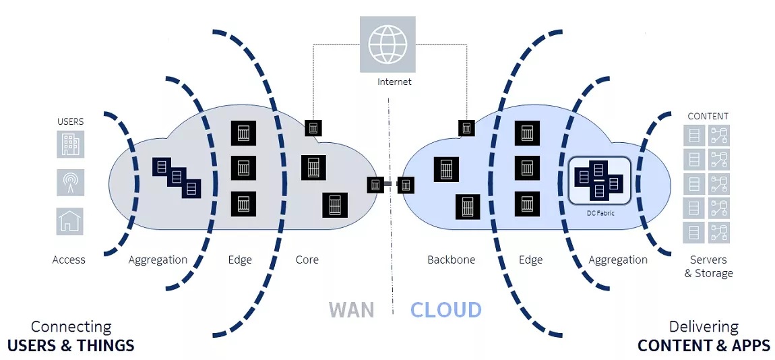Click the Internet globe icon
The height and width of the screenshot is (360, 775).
click(x=387, y=44)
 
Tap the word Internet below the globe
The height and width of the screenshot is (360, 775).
click(x=394, y=82)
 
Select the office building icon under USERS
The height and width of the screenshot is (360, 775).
click(x=70, y=144)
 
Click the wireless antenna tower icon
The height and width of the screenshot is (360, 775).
click(x=70, y=183)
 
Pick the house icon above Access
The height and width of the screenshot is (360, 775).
click(x=70, y=221)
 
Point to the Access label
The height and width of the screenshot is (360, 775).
click(x=69, y=260)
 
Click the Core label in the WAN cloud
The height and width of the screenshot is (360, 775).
click(x=307, y=260)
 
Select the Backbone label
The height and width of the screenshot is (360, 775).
click(x=451, y=260)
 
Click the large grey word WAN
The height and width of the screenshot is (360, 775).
click(x=351, y=309)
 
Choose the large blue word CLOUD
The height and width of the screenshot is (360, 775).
click(x=445, y=309)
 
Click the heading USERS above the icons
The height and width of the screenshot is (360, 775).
click(x=70, y=121)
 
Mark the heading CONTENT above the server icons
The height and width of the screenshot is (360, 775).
click(x=708, y=116)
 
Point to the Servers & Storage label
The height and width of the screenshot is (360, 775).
click(x=708, y=266)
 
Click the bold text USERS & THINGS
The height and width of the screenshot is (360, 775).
click(x=71, y=346)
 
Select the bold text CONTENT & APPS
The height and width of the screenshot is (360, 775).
click(x=704, y=346)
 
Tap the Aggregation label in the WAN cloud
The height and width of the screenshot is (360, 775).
click(x=158, y=260)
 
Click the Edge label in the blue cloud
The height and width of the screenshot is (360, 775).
click(x=530, y=260)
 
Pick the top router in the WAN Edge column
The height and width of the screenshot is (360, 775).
click(x=243, y=133)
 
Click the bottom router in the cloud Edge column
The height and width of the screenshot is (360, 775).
click(x=527, y=203)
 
